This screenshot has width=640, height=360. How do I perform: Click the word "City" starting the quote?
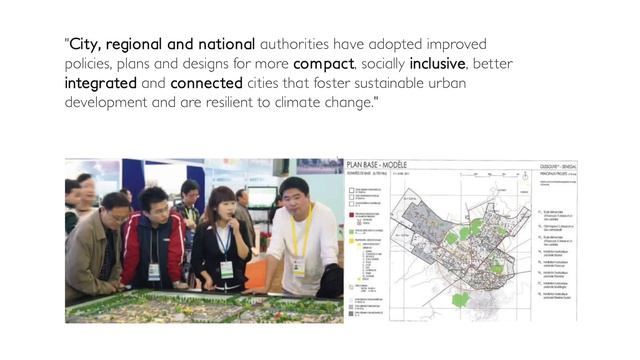[x=88, y=45]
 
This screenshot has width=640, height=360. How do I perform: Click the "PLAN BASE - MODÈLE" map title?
[x=387, y=167]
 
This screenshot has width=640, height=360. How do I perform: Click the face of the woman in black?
[x=222, y=208]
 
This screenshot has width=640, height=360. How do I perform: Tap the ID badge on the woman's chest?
[x=227, y=268]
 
